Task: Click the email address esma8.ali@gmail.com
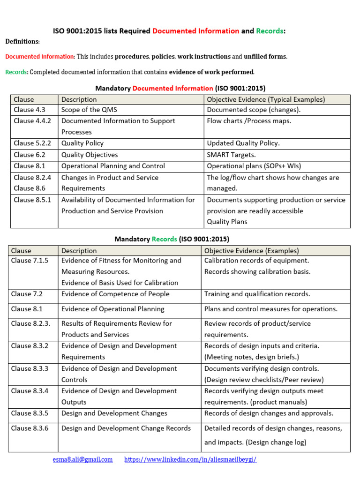[x=82, y=459]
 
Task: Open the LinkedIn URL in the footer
[x=190, y=459]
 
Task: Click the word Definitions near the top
[x=22, y=42]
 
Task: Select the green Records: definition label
[x=16, y=72]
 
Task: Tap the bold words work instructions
[x=204, y=57]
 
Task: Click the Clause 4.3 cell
[x=30, y=110]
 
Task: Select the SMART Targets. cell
[x=232, y=155]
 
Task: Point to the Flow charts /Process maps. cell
[x=249, y=121]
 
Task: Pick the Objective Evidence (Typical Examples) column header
[x=266, y=99]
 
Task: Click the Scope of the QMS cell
[x=89, y=110]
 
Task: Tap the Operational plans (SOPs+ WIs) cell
[x=254, y=166]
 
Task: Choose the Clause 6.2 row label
[x=30, y=155]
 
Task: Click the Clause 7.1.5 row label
[x=30, y=261]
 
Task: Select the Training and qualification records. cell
[x=257, y=294]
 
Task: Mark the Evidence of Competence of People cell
[x=115, y=294]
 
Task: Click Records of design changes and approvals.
[x=269, y=413]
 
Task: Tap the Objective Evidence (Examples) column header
[x=251, y=251]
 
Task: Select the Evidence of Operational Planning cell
[x=112, y=309]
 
